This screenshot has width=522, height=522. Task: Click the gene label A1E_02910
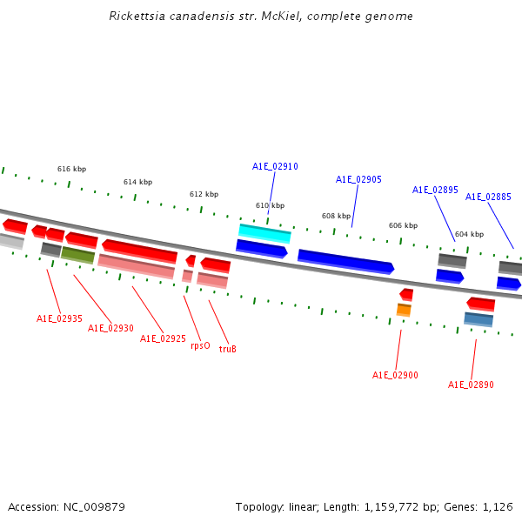coord(275,166)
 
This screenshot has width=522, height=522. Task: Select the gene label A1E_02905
coord(358,179)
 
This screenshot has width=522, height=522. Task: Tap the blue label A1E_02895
coord(435,190)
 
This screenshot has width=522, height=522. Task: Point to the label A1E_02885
coord(488,197)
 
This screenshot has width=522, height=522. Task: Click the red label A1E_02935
coord(59,318)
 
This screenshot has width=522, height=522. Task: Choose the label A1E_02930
coord(110,328)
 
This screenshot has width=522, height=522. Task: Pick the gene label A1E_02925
coord(163,338)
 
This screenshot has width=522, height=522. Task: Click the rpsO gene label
coord(200,345)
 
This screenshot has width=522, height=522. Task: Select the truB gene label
coord(227,349)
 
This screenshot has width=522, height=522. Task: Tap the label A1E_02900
coord(395,375)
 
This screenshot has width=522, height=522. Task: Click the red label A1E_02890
coord(471,385)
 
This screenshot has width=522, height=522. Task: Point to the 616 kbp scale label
coord(71,169)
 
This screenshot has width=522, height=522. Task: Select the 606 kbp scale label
coord(403,225)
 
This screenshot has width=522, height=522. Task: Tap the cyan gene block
coord(264,232)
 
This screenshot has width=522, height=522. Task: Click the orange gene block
coord(404,309)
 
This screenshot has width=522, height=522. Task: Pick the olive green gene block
coord(77,255)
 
